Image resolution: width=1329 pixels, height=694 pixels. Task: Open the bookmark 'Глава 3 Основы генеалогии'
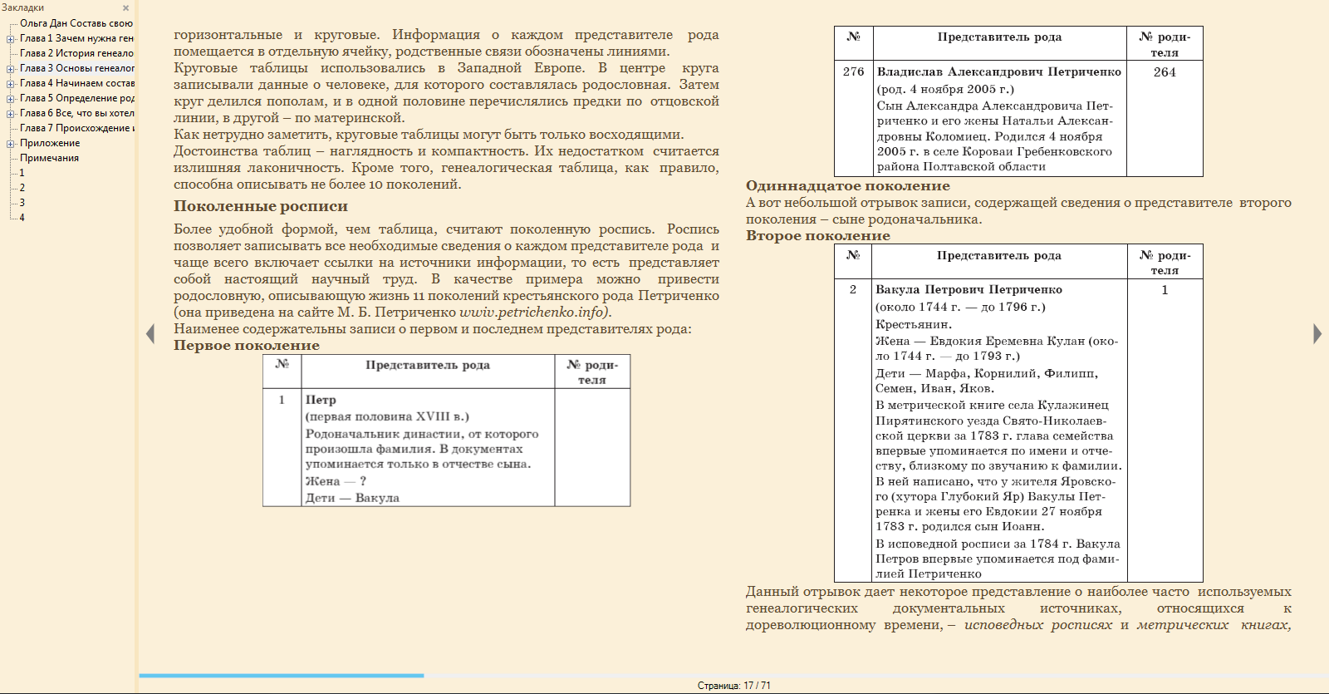[76, 68]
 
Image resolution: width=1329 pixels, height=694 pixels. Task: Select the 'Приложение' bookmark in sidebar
[50, 143]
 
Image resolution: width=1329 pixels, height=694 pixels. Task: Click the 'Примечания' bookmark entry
[49, 158]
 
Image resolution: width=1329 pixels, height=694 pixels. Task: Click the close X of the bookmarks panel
[126, 8]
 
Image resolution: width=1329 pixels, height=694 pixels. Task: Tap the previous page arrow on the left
[150, 333]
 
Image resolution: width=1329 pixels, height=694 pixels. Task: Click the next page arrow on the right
[1317, 333]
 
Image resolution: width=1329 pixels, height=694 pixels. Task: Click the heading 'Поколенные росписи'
[260, 206]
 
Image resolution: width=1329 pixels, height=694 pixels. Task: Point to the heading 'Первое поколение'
[246, 346]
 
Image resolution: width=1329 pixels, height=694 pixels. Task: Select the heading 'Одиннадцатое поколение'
[847, 186]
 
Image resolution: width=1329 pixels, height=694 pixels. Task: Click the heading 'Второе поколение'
[817, 236]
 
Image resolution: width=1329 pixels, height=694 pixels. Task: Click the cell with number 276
[853, 72]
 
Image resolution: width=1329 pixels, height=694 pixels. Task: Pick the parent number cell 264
[1165, 72]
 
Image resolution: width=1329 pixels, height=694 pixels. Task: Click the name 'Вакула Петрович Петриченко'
[969, 290]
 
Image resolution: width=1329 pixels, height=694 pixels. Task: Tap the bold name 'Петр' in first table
[321, 400]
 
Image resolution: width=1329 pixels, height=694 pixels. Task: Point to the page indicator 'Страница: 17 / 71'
[733, 686]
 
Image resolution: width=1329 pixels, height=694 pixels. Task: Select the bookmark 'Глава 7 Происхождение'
[76, 128]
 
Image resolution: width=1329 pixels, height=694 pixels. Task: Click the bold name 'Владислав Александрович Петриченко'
[998, 72]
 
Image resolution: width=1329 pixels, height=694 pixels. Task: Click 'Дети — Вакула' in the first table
[352, 498]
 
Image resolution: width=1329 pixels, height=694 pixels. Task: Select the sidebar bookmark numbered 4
[22, 218]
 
